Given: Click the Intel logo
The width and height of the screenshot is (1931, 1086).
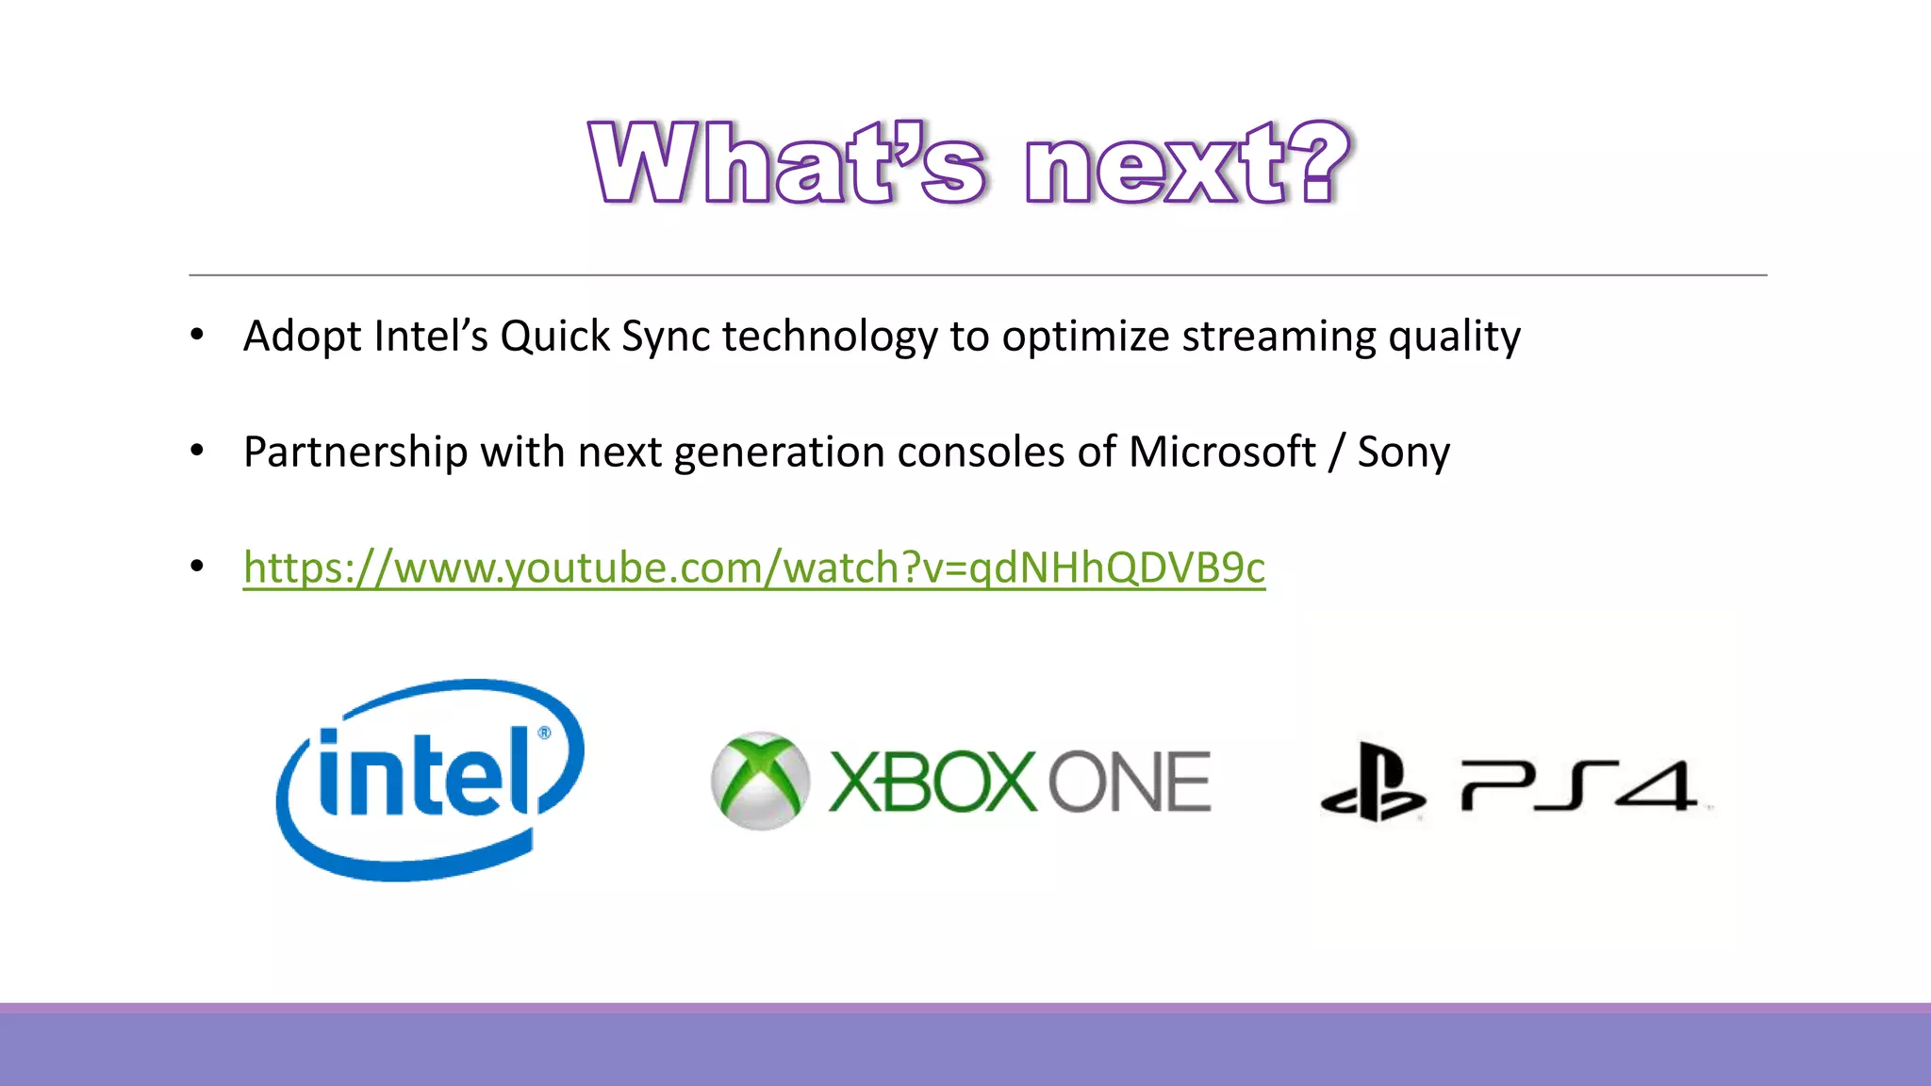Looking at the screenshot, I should coord(430,779).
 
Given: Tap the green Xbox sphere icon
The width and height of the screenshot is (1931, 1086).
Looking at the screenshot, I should coord(760,781).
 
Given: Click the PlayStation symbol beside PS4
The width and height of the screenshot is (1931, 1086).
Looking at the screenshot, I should coord(1373,782).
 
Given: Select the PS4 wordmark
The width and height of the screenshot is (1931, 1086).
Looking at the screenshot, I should coord(1579,784).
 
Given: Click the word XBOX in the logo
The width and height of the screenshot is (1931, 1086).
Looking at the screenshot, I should coord(932,782).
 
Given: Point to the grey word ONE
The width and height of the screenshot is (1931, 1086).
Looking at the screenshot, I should coord(1130,782).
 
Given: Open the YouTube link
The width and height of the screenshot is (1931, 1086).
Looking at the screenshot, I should coord(753,568).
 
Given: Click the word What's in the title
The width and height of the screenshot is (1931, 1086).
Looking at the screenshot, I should coord(788,163).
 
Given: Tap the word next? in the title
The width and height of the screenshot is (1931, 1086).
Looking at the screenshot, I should coord(1188,163).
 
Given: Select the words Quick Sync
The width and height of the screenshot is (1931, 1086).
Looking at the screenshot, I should coord(604,337).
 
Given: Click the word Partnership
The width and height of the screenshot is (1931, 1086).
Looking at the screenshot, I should coord(355,452).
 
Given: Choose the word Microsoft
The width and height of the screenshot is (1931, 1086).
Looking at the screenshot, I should coord(1221,452).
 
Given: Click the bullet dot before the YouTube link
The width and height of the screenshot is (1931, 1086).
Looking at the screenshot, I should coord(197,567).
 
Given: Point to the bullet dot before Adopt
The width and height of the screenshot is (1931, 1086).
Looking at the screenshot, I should coord(197,335).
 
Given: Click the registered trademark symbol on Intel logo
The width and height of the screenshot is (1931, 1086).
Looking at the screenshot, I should coord(544,732).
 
